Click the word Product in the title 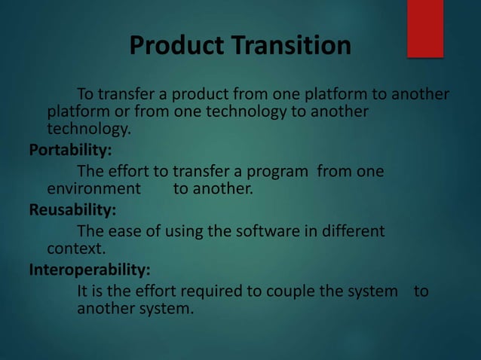pyautogui.click(x=175, y=46)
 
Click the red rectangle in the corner pyautogui.click(x=425, y=29)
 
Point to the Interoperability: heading pyautogui.click(x=89, y=268)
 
